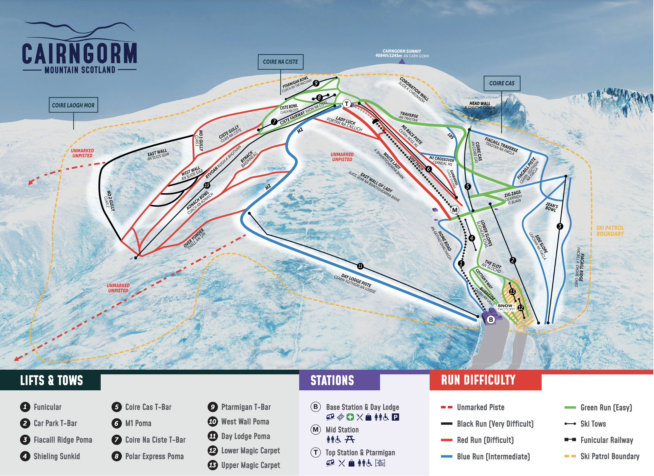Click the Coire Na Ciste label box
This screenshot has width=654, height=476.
[x=280, y=62]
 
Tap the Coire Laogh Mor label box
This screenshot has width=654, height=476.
[x=73, y=105]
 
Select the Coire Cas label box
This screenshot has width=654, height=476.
[x=502, y=83]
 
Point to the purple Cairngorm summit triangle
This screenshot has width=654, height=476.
[x=402, y=61]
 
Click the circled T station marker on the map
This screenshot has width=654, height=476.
[x=347, y=104]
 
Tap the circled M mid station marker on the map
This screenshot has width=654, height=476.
[x=455, y=210]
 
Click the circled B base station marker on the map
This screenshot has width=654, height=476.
[x=491, y=319]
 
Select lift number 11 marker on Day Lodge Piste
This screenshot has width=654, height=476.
[x=360, y=266]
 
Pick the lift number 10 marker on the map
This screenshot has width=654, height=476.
[x=207, y=185]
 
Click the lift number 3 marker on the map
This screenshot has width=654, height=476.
[x=560, y=226]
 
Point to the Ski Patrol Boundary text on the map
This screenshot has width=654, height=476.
[x=610, y=231]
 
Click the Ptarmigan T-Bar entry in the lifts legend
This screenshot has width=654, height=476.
[x=246, y=407]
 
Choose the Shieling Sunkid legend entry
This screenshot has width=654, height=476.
[x=56, y=456]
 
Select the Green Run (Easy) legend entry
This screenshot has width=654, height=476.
[x=606, y=407]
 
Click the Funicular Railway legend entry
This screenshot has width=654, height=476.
[x=606, y=440]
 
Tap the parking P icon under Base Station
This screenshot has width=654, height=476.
[x=395, y=417]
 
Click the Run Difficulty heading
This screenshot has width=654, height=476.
[x=478, y=380]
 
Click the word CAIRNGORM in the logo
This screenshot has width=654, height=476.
[x=79, y=53]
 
